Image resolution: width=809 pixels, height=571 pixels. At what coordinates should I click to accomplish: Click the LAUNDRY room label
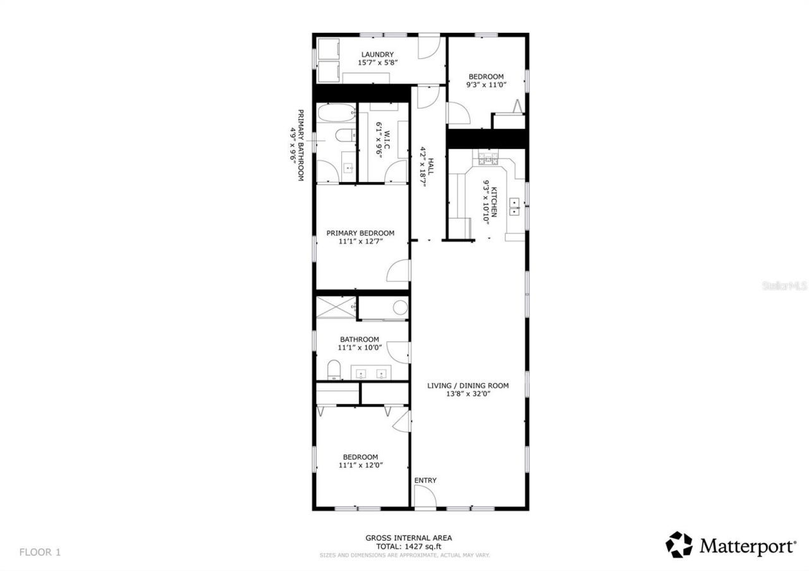click(377, 54)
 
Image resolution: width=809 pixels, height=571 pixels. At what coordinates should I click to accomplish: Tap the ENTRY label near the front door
click(425, 481)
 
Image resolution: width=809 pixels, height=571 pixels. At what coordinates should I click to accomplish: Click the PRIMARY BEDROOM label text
click(360, 233)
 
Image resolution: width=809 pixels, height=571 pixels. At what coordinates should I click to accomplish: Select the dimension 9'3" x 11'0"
click(486, 85)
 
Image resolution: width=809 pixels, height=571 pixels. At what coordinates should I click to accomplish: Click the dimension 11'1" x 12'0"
click(360, 466)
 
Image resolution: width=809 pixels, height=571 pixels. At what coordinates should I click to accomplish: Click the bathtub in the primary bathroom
click(334, 114)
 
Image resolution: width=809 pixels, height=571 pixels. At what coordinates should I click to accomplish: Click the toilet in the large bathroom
click(334, 370)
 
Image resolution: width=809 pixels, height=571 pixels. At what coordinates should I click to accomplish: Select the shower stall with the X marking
click(335, 307)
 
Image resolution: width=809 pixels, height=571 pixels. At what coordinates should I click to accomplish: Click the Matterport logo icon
click(679, 545)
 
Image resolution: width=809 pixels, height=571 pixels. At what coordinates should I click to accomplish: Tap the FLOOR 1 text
click(40, 552)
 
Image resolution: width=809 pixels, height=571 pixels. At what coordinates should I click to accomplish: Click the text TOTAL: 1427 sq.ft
click(408, 546)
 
